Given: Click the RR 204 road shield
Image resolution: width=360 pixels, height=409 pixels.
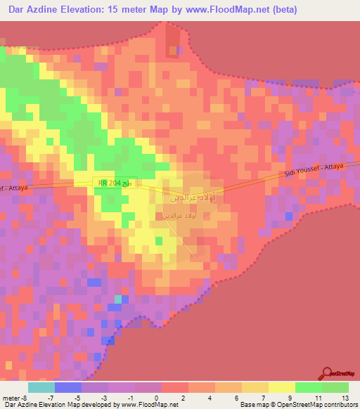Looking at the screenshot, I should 115,183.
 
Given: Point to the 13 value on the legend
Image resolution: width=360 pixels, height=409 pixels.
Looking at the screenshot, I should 344,397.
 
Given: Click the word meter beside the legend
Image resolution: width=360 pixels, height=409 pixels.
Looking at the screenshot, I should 10,397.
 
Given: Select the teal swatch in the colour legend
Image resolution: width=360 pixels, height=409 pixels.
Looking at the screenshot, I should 41,387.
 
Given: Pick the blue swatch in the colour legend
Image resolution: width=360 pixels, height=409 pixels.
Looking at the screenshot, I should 68,387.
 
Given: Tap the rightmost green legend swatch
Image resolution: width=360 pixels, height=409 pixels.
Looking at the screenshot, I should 335,387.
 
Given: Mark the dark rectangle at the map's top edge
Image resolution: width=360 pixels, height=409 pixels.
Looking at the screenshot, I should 172,42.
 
